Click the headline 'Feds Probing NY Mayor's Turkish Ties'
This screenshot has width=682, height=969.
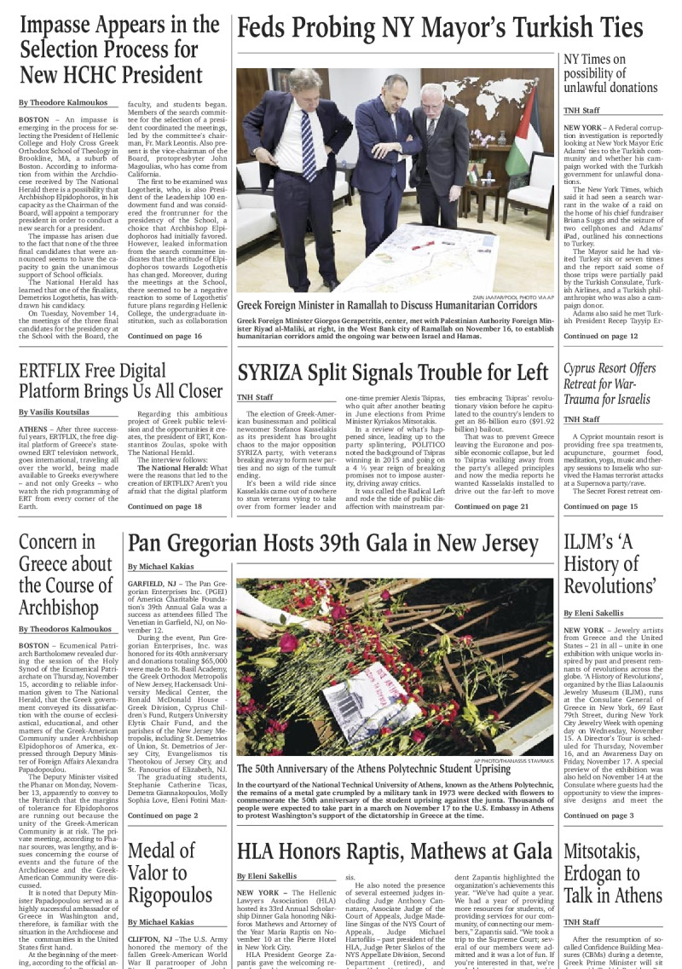(x=440, y=28)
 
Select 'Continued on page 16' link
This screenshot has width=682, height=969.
(x=165, y=337)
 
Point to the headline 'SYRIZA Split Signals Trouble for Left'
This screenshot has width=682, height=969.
(x=393, y=372)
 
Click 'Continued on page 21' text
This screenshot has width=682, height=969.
(x=492, y=506)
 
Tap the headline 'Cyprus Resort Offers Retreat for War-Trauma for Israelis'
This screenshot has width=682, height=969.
(x=610, y=384)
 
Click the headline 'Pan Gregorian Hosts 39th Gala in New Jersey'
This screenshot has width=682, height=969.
(x=333, y=544)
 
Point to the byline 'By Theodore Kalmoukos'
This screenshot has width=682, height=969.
(x=65, y=102)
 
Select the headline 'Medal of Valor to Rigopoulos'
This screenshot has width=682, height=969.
(x=169, y=872)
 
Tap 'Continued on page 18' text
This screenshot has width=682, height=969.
(x=165, y=506)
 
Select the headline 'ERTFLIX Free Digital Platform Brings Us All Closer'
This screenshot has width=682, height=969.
(x=120, y=382)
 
